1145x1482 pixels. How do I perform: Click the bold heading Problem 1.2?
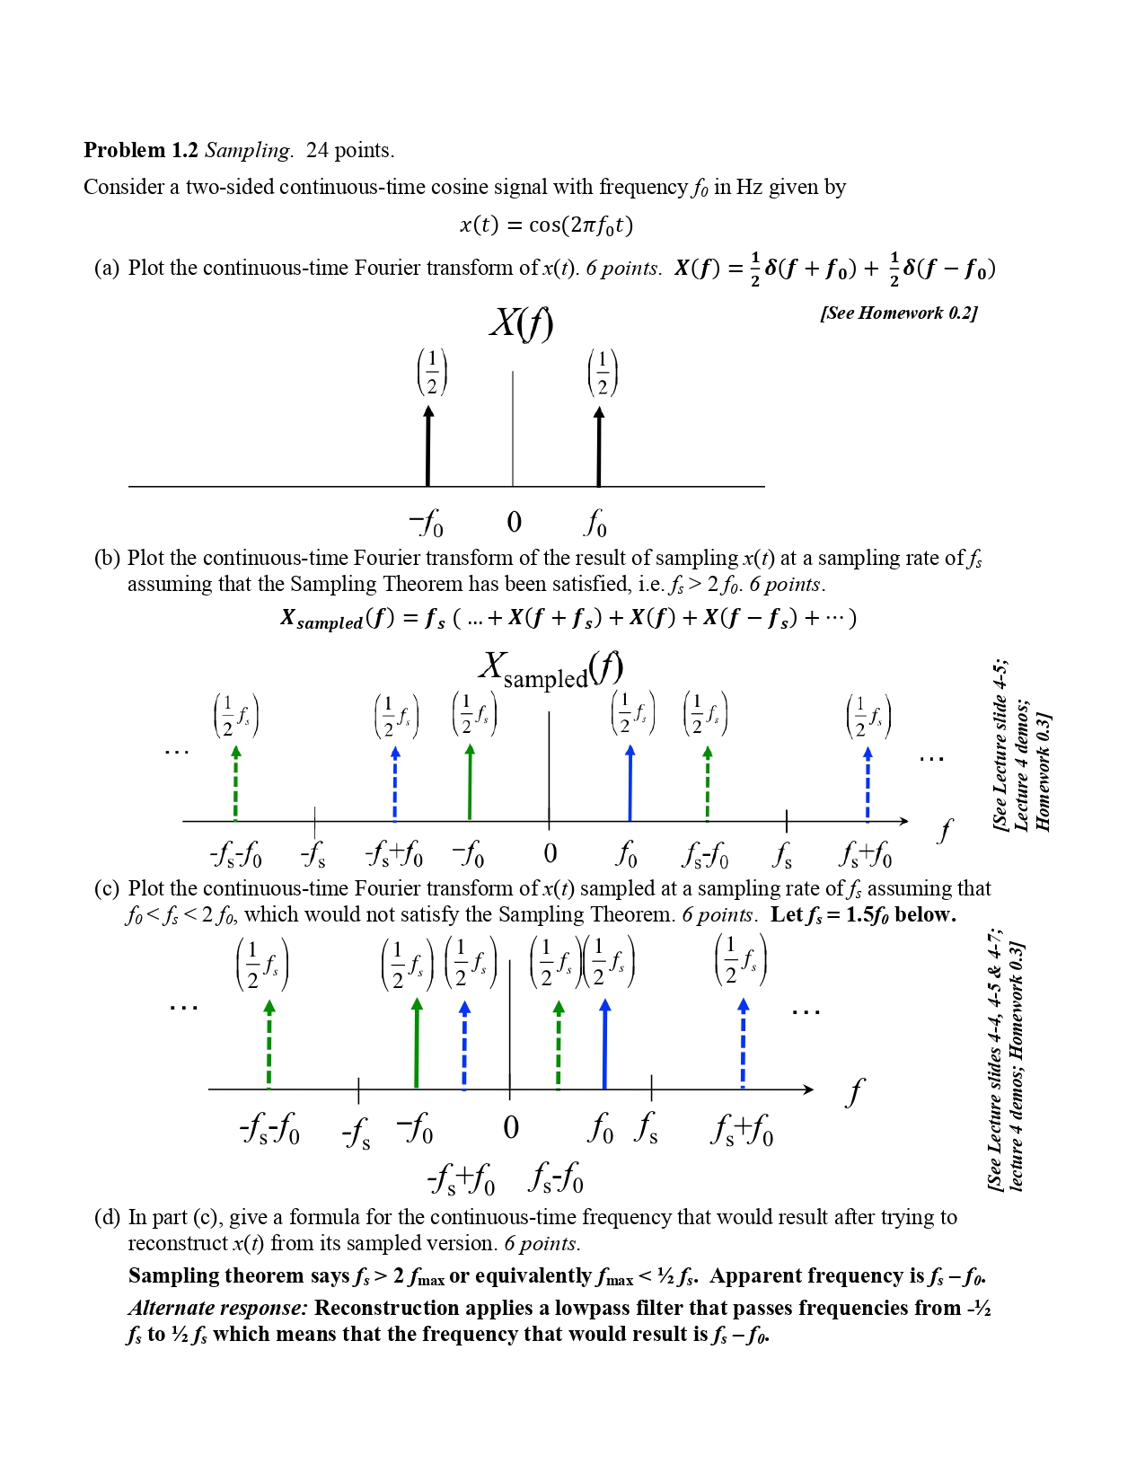(140, 150)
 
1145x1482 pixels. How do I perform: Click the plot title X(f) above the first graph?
(521, 322)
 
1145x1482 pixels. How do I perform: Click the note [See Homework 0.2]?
(898, 313)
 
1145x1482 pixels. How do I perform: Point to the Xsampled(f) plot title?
(550, 670)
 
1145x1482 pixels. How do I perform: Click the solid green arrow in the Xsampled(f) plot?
(470, 782)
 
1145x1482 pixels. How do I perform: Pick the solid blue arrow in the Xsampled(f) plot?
(630, 782)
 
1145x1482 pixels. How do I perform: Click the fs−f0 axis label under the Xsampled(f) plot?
(706, 854)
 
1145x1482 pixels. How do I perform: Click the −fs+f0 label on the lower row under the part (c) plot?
(461, 1178)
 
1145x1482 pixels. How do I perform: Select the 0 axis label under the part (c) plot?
(511, 1127)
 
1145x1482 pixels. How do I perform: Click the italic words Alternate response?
(218, 1308)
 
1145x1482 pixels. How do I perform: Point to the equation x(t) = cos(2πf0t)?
(546, 225)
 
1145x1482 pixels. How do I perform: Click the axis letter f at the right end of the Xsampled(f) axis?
(944, 831)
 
